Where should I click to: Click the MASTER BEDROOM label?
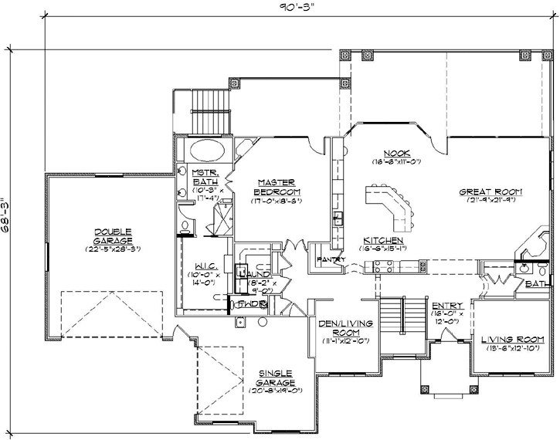278,185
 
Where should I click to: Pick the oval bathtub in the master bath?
205,150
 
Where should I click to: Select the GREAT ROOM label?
491,191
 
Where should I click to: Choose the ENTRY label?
448,306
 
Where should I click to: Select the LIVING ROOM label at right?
513,340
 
